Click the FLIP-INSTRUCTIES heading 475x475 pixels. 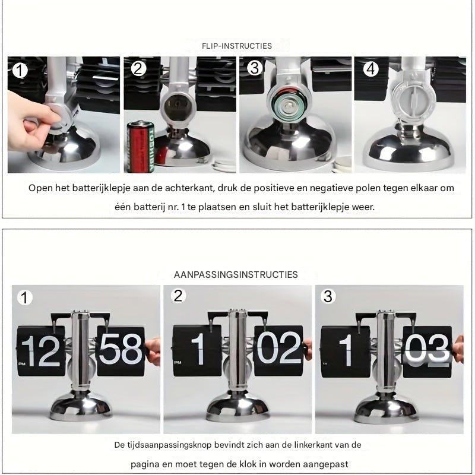[x=237, y=46]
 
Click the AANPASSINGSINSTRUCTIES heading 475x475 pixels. [x=236, y=274]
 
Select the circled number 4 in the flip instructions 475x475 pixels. [x=370, y=69]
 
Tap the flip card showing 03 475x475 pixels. [x=427, y=350]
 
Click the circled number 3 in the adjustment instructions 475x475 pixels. [x=328, y=296]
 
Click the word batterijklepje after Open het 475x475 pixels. [x=95, y=188]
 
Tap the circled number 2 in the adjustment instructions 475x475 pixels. [x=178, y=295]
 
